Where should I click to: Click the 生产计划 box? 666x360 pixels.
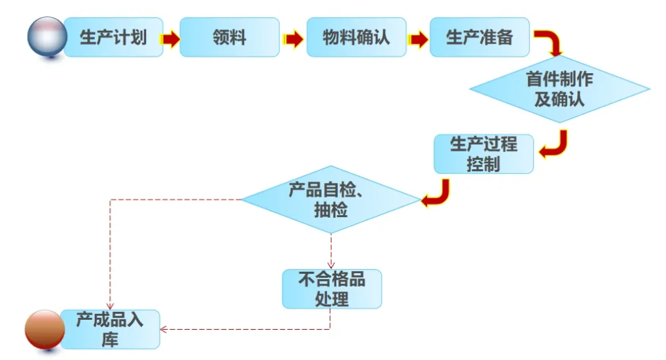click(x=113, y=37)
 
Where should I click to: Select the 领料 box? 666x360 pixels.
click(x=228, y=37)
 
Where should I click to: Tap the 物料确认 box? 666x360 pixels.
click(x=356, y=37)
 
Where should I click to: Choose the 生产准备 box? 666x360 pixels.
click(x=479, y=37)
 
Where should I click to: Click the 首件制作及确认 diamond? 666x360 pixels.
click(x=559, y=90)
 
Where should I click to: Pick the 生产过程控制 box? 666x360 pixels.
click(x=484, y=154)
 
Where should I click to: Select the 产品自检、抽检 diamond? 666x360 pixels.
click(x=331, y=199)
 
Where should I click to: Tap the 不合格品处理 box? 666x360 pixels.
click(x=332, y=289)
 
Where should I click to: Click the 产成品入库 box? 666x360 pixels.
click(x=110, y=329)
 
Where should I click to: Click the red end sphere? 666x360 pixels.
click(x=44, y=329)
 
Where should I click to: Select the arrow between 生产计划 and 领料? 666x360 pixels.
click(x=171, y=39)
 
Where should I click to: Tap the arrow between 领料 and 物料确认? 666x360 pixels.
click(x=293, y=39)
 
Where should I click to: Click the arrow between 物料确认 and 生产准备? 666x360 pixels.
click(x=417, y=39)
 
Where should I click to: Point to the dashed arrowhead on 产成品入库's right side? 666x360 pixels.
click(x=165, y=328)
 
